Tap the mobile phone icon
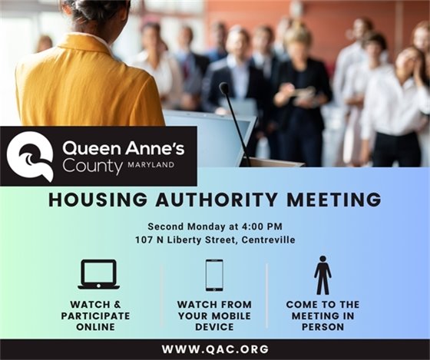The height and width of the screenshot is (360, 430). point(214,275)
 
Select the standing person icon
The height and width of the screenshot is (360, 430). point(322,275)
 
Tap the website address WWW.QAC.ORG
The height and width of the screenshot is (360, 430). point(215,349)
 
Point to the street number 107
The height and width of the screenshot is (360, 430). point(141,240)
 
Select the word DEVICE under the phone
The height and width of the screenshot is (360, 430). point(214,326)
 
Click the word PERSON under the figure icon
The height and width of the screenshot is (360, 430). point(322,326)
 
